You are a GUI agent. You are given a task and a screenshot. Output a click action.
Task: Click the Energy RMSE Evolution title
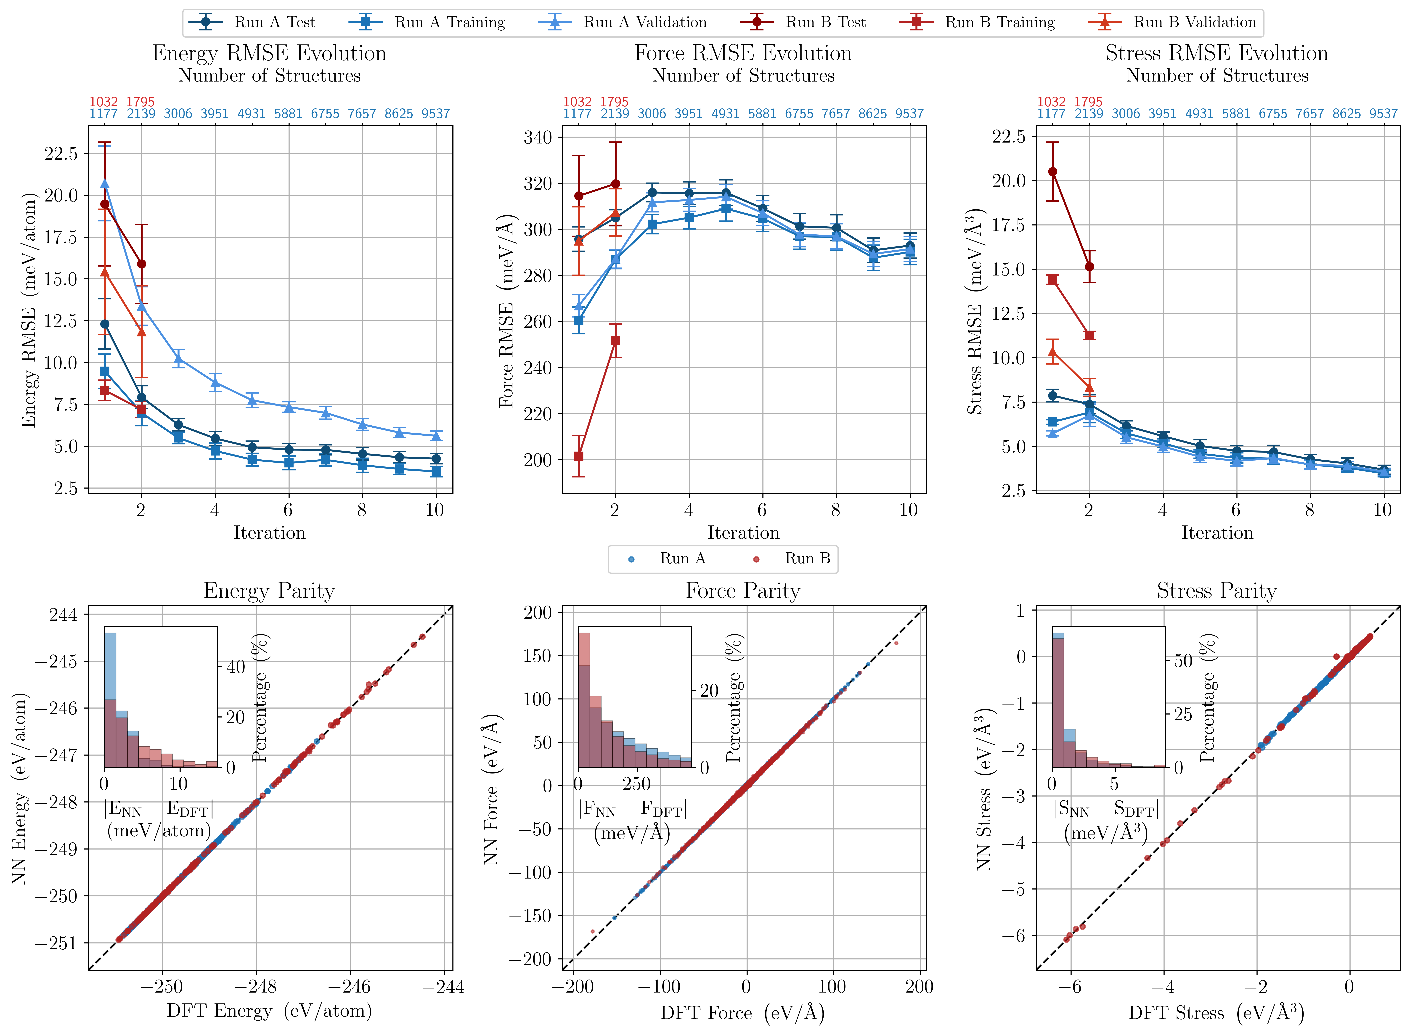tap(270, 53)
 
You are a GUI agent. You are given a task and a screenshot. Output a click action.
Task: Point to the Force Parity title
tap(743, 591)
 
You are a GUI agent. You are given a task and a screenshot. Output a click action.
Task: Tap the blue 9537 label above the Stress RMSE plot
tap(1383, 114)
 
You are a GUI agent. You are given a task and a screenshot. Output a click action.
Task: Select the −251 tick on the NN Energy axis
tap(56, 943)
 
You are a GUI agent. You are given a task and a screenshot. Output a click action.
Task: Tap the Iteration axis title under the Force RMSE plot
tap(743, 533)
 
